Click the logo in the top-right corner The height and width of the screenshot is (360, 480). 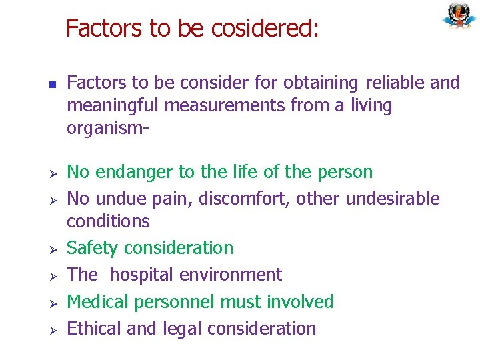click(459, 16)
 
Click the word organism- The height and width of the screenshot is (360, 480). click(107, 127)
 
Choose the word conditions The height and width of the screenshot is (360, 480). click(108, 221)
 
